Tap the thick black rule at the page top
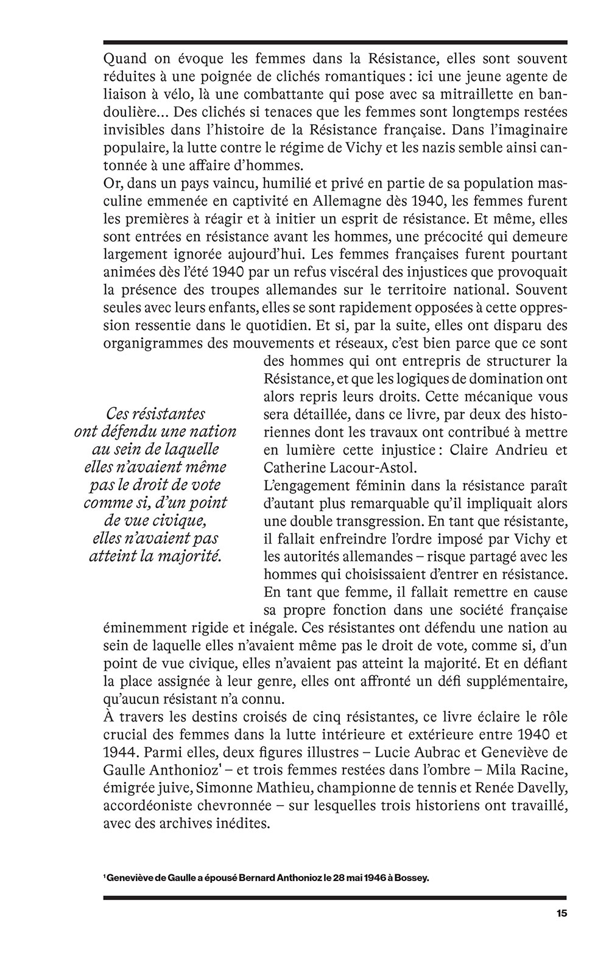click(335, 42)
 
